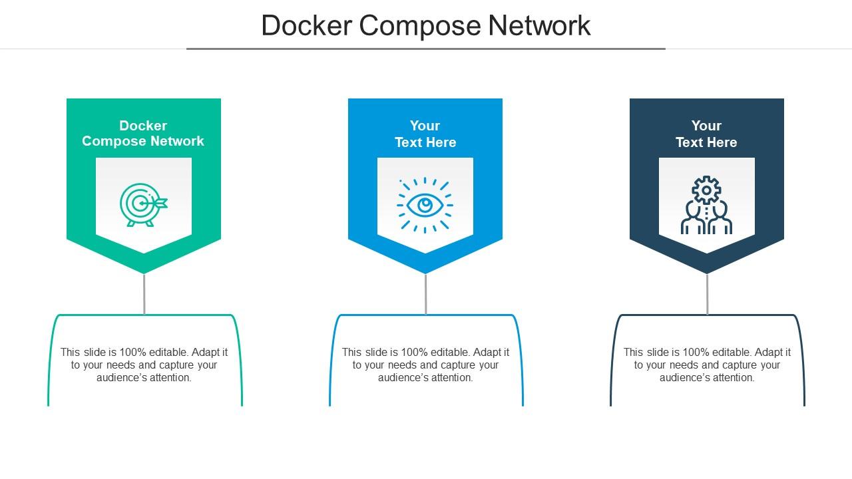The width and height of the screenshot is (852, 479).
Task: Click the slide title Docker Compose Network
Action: tap(425, 25)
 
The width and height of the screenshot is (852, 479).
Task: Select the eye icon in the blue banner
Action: tap(425, 205)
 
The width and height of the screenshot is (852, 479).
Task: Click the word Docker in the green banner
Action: tap(143, 126)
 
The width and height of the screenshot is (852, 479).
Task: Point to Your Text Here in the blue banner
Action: tap(425, 134)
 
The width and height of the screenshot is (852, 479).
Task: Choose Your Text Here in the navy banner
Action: tap(706, 134)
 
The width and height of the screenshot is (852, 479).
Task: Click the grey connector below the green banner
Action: tap(144, 293)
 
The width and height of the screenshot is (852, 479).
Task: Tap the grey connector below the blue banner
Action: tap(425, 293)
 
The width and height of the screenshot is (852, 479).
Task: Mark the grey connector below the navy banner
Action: tap(707, 293)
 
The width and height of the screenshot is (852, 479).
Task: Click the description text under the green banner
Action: tap(144, 365)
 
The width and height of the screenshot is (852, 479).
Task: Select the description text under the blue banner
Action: tap(425, 365)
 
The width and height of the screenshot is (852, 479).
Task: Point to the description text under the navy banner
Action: tap(707, 365)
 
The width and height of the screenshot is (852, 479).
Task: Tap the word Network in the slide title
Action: tap(540, 25)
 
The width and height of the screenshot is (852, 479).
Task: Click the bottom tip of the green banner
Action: tap(144, 271)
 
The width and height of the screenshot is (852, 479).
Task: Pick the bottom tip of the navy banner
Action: tap(707, 271)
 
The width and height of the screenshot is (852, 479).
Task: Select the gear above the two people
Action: tap(706, 190)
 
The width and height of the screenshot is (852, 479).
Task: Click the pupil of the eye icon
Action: tap(425, 205)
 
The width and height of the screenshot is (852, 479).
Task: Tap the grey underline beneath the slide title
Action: tap(425, 49)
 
